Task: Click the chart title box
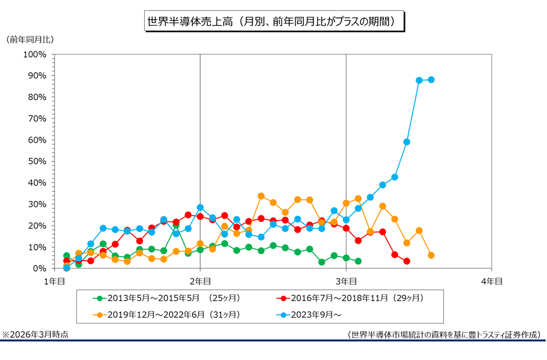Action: [x=274, y=21]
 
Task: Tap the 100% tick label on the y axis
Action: [x=35, y=54]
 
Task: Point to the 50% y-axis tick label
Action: [x=37, y=161]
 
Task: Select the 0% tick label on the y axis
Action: [x=39, y=269]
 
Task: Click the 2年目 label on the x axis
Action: [x=200, y=281]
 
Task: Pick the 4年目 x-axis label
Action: [x=491, y=281]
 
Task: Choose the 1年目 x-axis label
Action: [x=55, y=281]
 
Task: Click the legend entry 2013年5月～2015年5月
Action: [x=167, y=298]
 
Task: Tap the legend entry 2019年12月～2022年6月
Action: [x=167, y=315]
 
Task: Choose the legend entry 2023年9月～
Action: [x=309, y=315]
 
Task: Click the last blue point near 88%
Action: [x=431, y=79]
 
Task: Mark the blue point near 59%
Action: [x=407, y=142]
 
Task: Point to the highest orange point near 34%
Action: [x=261, y=196]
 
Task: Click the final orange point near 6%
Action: [x=431, y=255]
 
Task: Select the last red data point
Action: [x=407, y=261]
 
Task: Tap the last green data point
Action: [x=358, y=261]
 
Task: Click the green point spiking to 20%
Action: [x=176, y=226]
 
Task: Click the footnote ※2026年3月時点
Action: [x=35, y=335]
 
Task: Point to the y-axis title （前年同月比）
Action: [x=30, y=40]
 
